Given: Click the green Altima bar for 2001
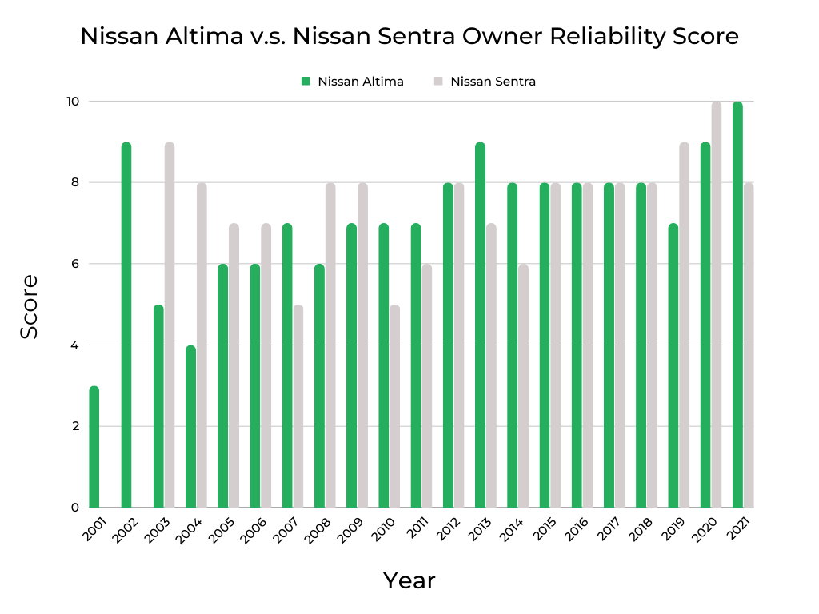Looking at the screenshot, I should tap(94, 447).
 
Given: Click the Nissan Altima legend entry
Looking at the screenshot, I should tap(353, 81).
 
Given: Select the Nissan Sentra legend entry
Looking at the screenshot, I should tap(485, 81).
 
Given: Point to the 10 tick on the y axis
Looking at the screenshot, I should tap(73, 102).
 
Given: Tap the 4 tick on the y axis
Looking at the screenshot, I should tap(74, 345).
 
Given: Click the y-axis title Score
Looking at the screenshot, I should tap(30, 306).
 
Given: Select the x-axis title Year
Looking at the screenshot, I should tap(409, 580).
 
